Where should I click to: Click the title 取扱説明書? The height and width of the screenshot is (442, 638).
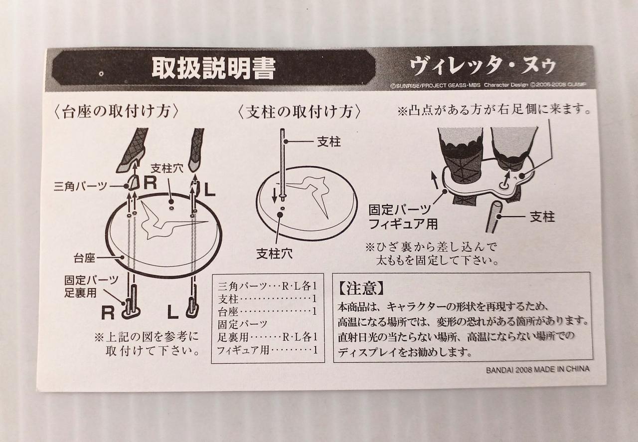(214, 69)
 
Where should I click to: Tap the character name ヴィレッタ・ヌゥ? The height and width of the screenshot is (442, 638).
(483, 66)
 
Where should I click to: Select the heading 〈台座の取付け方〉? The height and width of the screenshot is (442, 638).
(116, 111)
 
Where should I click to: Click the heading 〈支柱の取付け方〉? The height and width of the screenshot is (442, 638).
(299, 112)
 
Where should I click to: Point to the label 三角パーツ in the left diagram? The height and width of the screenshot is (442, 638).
(80, 187)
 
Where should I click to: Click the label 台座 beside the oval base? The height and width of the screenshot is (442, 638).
(84, 258)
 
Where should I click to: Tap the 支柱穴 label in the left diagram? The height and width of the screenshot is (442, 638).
(167, 169)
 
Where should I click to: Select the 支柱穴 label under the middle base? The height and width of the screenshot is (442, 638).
(274, 253)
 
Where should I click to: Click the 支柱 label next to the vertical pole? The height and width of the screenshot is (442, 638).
(329, 142)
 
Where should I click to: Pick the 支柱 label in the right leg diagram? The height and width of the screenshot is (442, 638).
(542, 217)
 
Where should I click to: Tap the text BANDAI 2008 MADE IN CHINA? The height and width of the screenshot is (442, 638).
(537, 369)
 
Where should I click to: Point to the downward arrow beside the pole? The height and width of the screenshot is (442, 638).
(274, 196)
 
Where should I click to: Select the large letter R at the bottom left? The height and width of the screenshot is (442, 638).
(108, 313)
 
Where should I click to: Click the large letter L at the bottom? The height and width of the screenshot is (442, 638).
(173, 312)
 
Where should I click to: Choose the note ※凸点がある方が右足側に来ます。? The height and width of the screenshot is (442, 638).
(493, 110)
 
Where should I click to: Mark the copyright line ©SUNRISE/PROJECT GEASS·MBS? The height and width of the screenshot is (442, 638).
(436, 85)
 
